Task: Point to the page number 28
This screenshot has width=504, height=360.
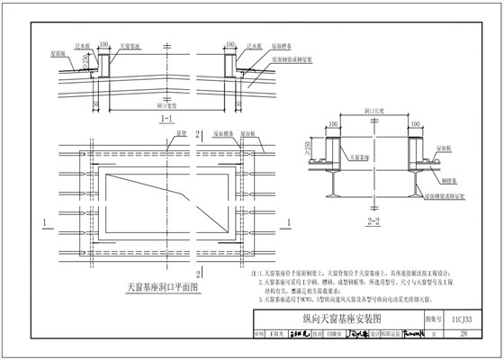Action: pos(463,335)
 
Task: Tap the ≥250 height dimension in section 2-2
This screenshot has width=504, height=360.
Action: pos(309,146)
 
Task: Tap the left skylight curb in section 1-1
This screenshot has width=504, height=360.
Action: pos(104,63)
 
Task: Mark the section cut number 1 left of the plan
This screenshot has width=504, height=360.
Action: pos(43,220)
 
